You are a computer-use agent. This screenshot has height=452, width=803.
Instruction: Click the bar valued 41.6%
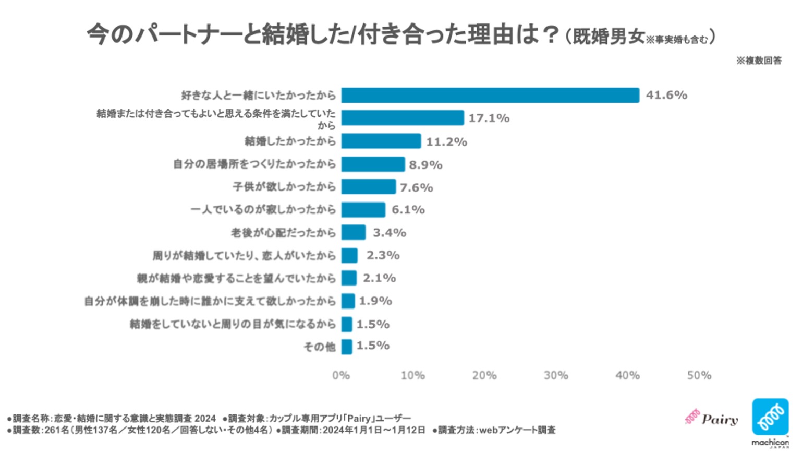pos(490,95)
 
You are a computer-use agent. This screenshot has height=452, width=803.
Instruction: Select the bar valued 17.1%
pos(402,118)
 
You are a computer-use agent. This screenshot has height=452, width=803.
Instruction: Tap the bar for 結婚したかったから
pos(381,141)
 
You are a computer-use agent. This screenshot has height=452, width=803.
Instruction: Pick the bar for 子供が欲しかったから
pos(368,187)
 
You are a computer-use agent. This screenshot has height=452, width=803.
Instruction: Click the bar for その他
pos(347,347)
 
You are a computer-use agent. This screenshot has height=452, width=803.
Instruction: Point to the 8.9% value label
pos(425,165)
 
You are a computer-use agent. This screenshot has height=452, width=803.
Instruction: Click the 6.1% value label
pos(408,210)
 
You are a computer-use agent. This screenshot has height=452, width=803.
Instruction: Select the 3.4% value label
pos(389,233)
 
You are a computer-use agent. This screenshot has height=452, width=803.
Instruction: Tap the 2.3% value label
pos(383,255)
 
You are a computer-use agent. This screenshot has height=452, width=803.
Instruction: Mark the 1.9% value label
pos(375,301)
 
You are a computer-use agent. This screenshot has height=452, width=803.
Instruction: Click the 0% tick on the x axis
pos(341,375)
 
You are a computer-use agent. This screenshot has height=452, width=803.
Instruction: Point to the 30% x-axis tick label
pos(556,375)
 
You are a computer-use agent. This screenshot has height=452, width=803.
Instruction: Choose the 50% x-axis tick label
pos(699,375)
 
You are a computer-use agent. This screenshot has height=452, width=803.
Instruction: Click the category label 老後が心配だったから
pos(283,233)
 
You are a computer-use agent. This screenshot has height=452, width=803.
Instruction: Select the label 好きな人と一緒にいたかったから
pos(258,95)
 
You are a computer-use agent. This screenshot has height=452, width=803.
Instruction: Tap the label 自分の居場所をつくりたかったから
pos(254,164)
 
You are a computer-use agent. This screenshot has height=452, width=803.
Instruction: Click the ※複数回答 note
pos(759,61)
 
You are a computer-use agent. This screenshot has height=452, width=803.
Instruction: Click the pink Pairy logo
pos(712,419)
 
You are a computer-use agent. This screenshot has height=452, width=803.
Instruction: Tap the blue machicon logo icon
pos(770,417)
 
